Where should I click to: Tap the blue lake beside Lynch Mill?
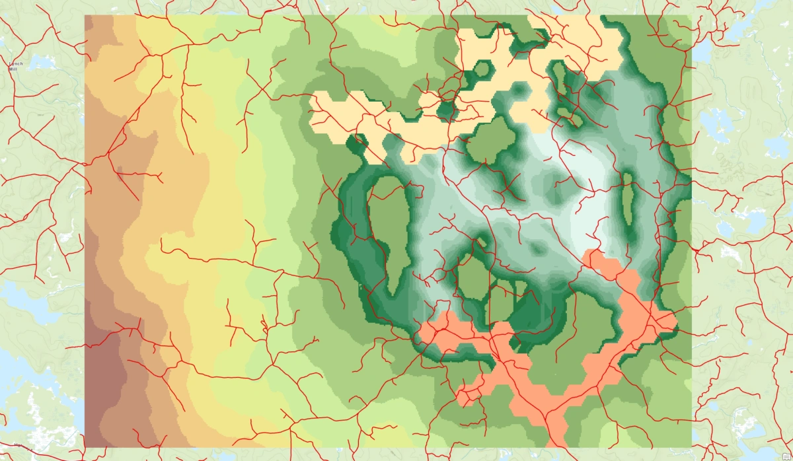point(41,63)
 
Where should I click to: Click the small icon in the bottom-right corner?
point(785,454)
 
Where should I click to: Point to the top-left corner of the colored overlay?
point(85,16)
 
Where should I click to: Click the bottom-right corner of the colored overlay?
point(691,446)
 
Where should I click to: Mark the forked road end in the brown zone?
point(159,177)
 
